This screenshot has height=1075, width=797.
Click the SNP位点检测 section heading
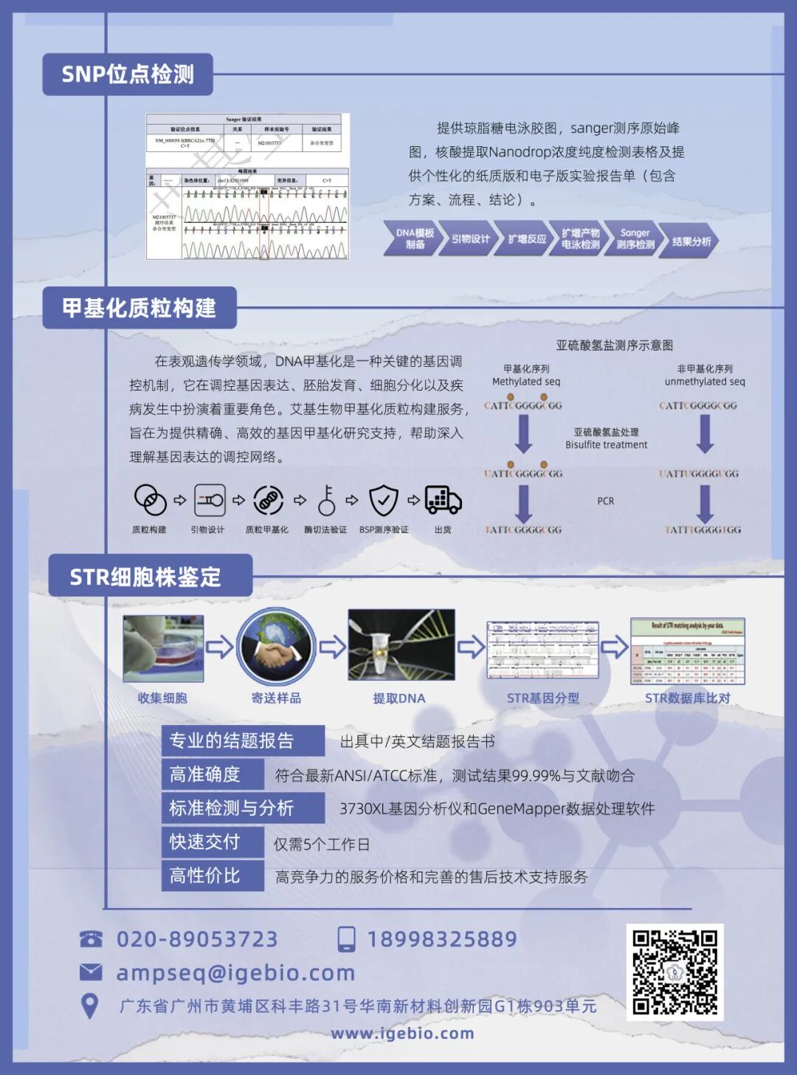[x=128, y=75]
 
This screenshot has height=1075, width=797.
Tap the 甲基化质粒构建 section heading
[x=139, y=308]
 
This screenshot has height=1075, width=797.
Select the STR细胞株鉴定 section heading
[x=146, y=577]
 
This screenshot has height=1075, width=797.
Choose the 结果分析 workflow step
[x=691, y=241]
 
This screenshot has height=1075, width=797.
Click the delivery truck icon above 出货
[x=443, y=501]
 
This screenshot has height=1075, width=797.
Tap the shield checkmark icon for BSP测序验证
[x=384, y=501]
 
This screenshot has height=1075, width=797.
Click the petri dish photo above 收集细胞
[x=163, y=648]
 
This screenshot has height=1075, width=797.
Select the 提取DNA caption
[x=398, y=698]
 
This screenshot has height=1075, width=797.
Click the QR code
[x=674, y=972]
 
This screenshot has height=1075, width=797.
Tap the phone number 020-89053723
[x=197, y=939]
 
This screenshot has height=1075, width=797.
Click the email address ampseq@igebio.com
[x=235, y=973]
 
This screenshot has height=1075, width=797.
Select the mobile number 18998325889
[x=442, y=939]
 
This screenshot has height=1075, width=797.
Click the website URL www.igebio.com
[x=402, y=1034]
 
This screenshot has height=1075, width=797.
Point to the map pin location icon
[x=89, y=1006]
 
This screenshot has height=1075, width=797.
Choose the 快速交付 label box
[x=204, y=842]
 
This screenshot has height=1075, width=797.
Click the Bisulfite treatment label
[x=606, y=444]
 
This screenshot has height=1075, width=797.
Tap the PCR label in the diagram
[x=605, y=501]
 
